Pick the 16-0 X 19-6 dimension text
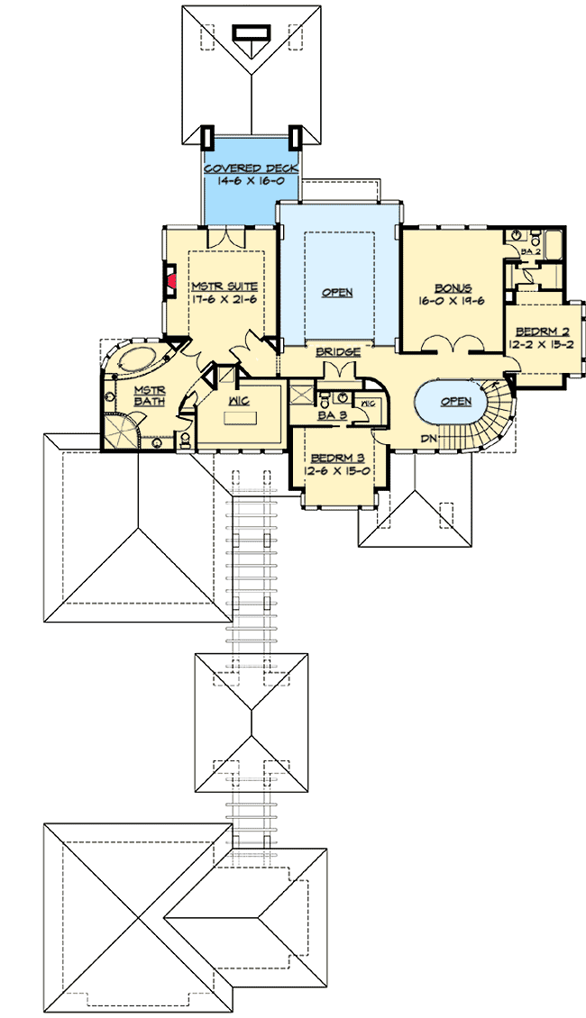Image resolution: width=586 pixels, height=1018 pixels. tap(452, 300)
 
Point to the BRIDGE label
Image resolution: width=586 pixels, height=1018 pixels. tap(337, 351)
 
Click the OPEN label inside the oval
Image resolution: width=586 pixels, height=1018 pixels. tap(456, 402)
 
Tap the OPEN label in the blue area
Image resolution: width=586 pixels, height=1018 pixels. tap(337, 292)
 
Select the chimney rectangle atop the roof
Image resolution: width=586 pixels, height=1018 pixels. tap(252, 32)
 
